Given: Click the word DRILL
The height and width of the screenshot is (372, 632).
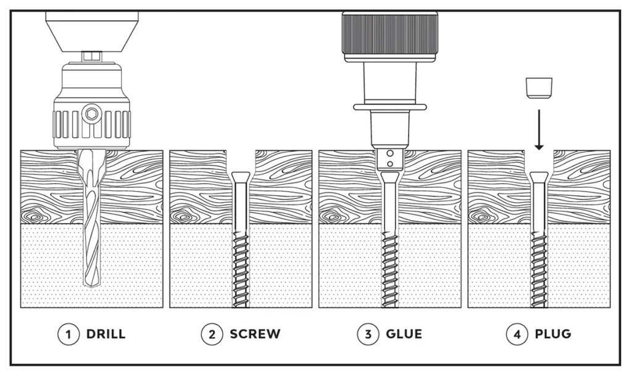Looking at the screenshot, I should click(x=106, y=334).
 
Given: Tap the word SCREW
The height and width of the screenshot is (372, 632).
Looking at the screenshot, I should click(x=255, y=334).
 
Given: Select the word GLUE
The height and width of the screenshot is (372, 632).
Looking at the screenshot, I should click(x=404, y=334).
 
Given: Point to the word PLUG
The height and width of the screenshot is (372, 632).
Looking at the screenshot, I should click(x=553, y=334).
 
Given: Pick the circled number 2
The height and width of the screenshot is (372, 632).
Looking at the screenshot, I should click(x=211, y=334).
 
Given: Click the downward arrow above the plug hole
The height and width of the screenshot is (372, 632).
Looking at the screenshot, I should click(x=539, y=130).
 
